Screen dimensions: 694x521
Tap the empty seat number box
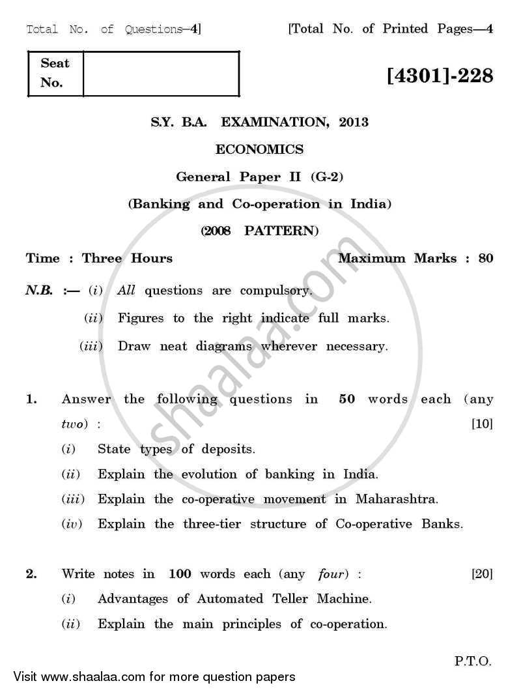coord(161,74)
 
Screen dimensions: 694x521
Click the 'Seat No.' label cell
coord(55,74)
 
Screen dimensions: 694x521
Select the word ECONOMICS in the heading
coord(259,149)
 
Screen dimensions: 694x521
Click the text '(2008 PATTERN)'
coord(259,231)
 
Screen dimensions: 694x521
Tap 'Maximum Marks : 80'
coord(415,258)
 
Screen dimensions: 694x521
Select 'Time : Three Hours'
coord(99,258)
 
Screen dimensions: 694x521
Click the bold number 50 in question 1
coord(347,399)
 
